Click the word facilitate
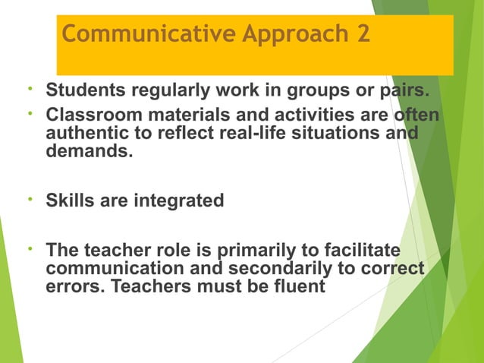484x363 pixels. pyautogui.click(x=355, y=251)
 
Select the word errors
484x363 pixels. pyautogui.click(x=73, y=287)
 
